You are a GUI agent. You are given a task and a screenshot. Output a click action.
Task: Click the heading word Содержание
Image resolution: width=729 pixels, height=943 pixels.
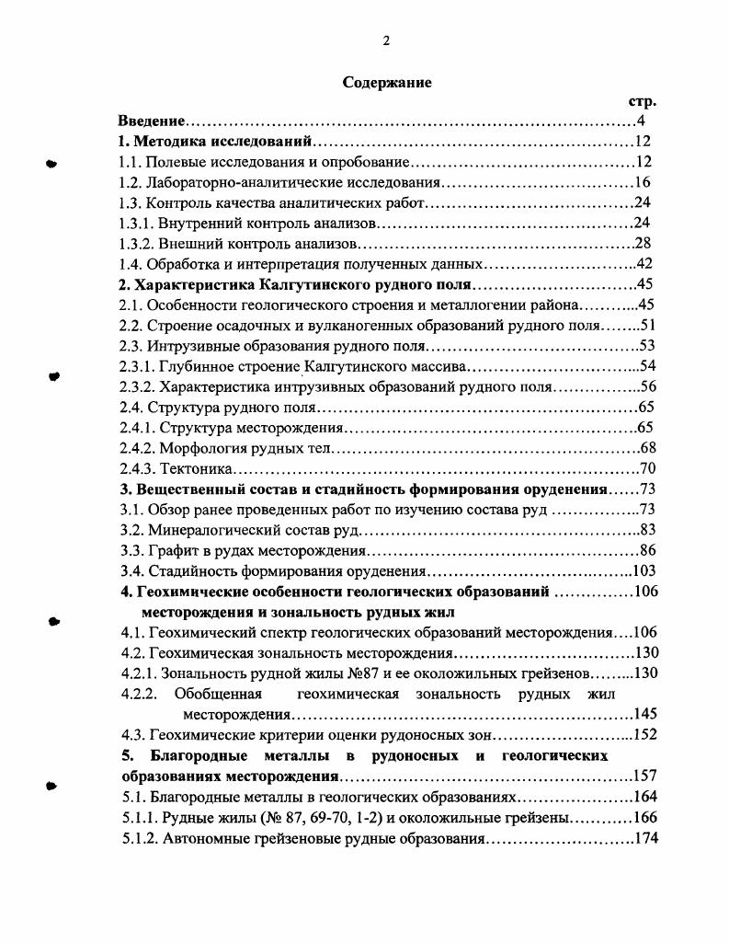click(x=387, y=82)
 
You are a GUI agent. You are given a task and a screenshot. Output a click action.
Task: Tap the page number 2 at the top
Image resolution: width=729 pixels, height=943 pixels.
click(x=387, y=40)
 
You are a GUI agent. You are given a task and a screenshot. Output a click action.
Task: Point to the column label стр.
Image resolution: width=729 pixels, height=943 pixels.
click(x=640, y=102)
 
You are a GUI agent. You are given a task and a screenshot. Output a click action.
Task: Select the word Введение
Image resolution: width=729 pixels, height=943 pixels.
click(x=153, y=121)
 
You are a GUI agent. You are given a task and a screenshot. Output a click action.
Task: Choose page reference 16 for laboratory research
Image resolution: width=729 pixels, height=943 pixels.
click(x=642, y=182)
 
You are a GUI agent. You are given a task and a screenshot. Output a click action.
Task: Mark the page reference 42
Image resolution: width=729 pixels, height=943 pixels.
click(x=644, y=263)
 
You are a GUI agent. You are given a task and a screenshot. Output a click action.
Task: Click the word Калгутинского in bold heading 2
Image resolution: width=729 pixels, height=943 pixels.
click(x=291, y=283)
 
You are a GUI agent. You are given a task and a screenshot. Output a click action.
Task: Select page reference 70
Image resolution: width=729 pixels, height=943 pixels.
click(x=646, y=466)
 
